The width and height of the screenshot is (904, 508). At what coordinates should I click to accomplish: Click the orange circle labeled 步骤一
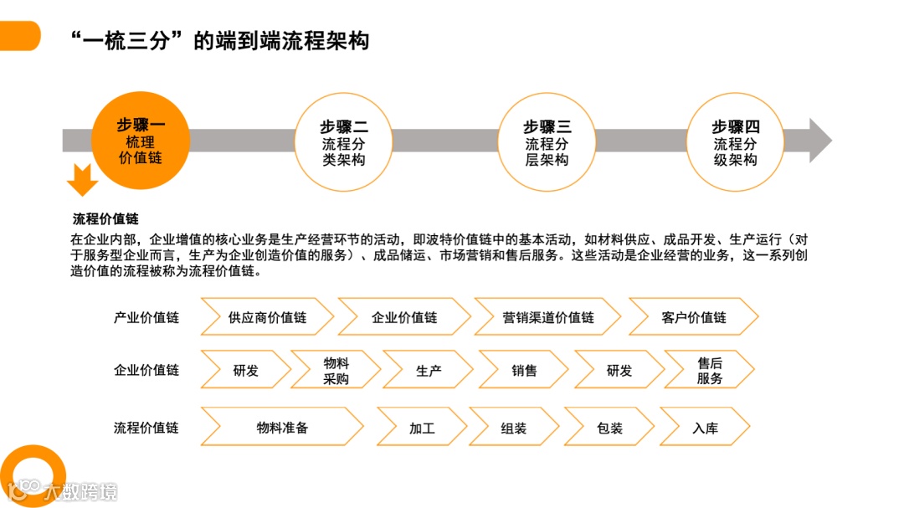tap(139, 141)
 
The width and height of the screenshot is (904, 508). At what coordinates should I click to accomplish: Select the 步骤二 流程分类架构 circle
tap(344, 141)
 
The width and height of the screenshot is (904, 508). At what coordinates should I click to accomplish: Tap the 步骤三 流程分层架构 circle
tap(547, 141)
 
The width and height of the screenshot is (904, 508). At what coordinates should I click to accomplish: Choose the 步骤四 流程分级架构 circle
tap(735, 141)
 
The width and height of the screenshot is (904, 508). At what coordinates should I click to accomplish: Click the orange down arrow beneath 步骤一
tap(82, 179)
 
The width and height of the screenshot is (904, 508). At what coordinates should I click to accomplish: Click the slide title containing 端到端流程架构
tap(220, 40)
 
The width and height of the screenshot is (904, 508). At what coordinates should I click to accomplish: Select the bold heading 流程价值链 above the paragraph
tap(105, 220)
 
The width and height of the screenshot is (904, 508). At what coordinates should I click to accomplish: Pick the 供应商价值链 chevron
tap(267, 318)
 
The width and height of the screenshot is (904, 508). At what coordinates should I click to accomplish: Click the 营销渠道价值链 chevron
tap(547, 318)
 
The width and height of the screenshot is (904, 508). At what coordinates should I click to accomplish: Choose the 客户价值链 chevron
tap(693, 318)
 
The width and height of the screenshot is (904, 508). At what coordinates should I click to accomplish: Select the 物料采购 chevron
tap(336, 371)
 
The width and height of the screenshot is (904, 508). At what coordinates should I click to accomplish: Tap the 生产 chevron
tap(429, 371)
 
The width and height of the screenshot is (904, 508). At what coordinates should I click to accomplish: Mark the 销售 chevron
tap(524, 371)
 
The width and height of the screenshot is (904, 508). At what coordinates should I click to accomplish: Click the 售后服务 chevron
tap(709, 371)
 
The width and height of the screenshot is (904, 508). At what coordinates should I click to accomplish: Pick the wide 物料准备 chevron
tap(282, 428)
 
